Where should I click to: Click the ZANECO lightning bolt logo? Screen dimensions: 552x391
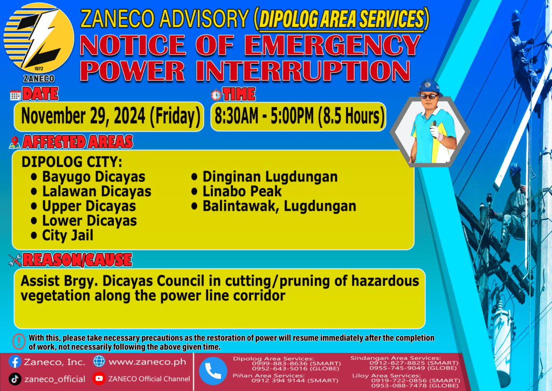[39, 38]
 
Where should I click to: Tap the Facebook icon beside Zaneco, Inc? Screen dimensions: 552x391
[15, 362]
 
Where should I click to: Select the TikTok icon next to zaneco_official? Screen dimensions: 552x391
[15, 379]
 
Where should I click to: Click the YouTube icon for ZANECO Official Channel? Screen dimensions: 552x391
[99, 378]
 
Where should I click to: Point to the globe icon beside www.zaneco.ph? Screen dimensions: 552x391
[99, 361]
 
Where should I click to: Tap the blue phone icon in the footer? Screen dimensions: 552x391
[213, 371]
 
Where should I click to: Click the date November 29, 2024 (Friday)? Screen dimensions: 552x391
[111, 116]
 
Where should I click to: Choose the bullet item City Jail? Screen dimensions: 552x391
[67, 235]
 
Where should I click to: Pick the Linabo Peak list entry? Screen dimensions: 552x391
[242, 191]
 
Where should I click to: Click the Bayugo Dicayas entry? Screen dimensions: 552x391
[94, 177]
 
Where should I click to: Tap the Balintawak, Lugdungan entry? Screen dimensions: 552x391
[279, 206]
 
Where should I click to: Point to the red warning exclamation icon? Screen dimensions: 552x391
[19, 341]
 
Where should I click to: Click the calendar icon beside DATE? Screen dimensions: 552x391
[15, 95]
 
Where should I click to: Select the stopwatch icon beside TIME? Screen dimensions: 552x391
[216, 95]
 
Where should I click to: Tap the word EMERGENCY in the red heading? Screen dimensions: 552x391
[332, 45]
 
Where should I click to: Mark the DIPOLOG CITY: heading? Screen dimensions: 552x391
[72, 162]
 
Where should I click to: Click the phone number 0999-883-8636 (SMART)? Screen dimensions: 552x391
[296, 363]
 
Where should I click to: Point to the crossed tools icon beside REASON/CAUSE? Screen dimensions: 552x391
[15, 260]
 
